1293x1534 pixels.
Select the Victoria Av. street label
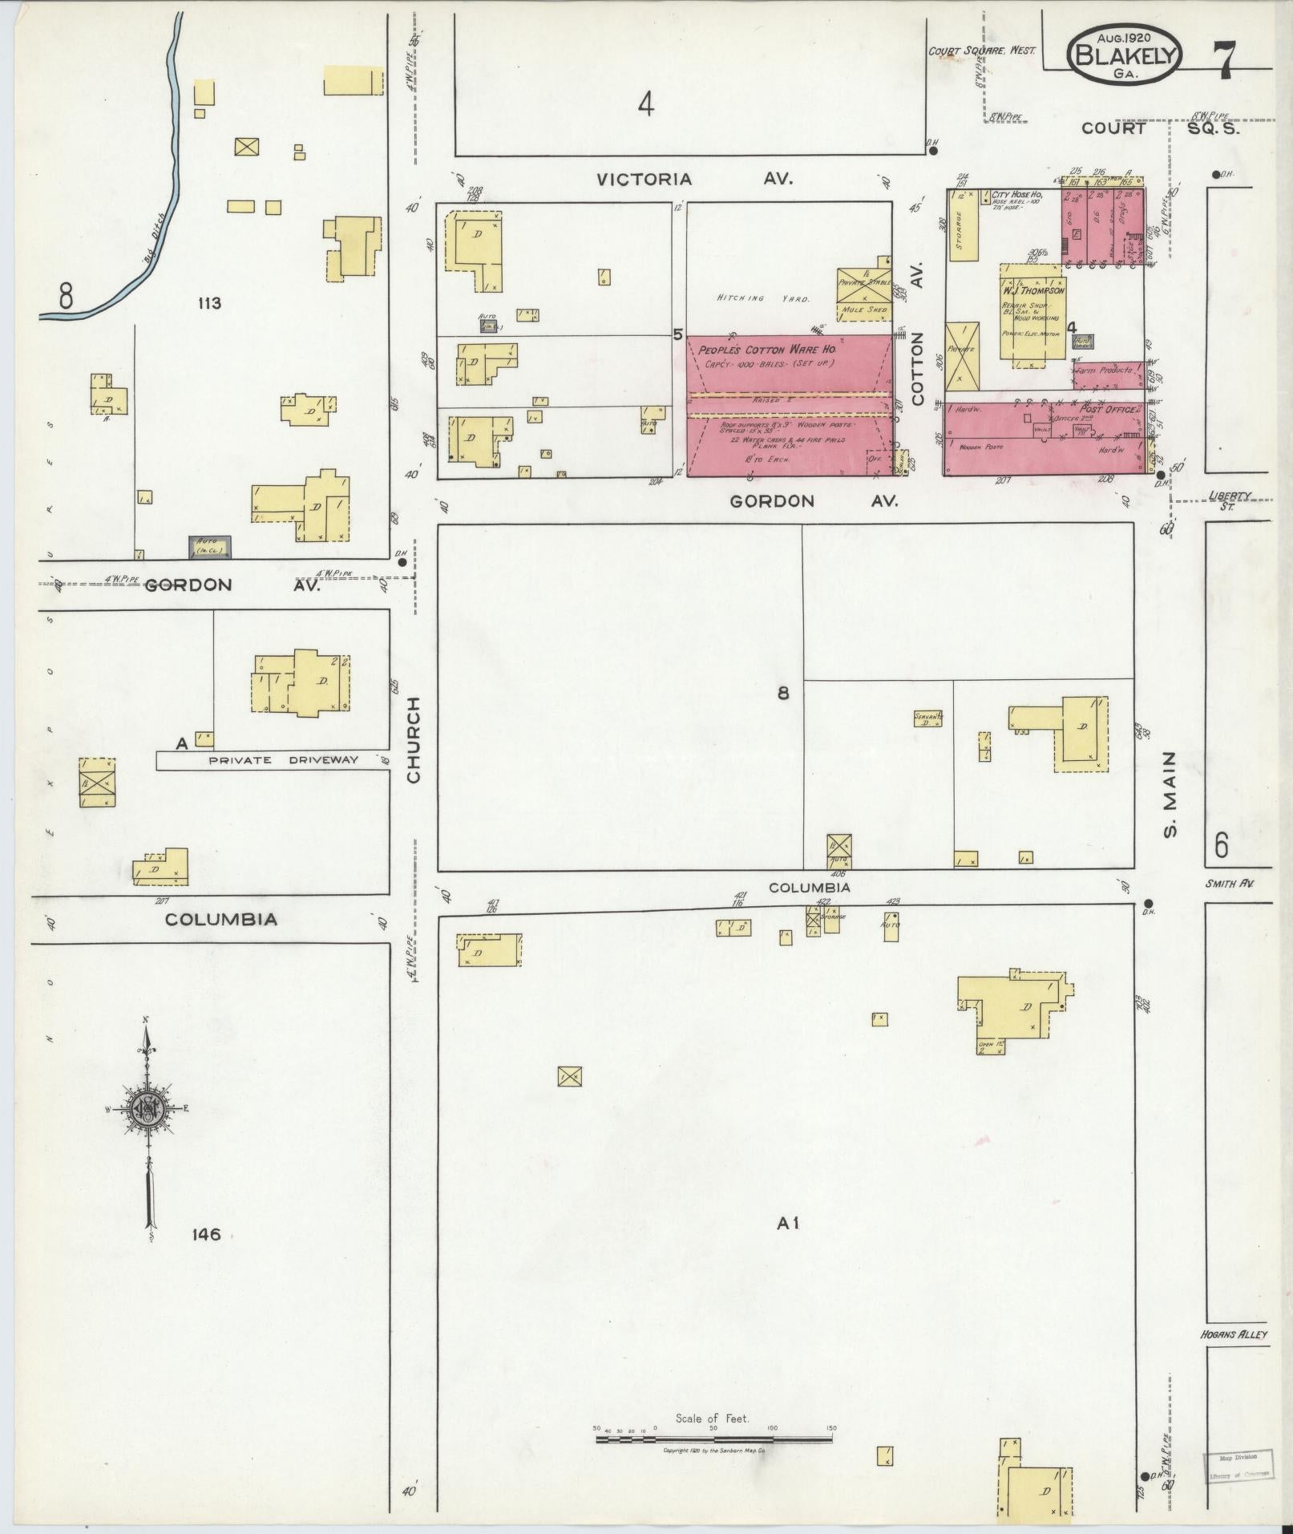click(694, 179)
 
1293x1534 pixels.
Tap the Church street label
click(413, 739)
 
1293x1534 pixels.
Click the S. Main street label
click(1170, 794)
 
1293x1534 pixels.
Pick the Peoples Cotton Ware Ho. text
click(767, 350)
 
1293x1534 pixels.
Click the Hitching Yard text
click(762, 298)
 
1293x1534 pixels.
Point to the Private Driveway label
click(283, 760)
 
